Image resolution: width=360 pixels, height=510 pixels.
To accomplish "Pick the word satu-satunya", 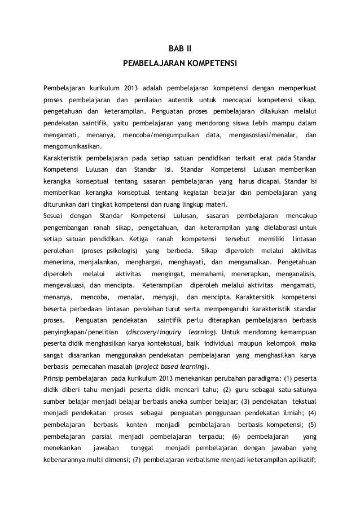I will tap(296, 390).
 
